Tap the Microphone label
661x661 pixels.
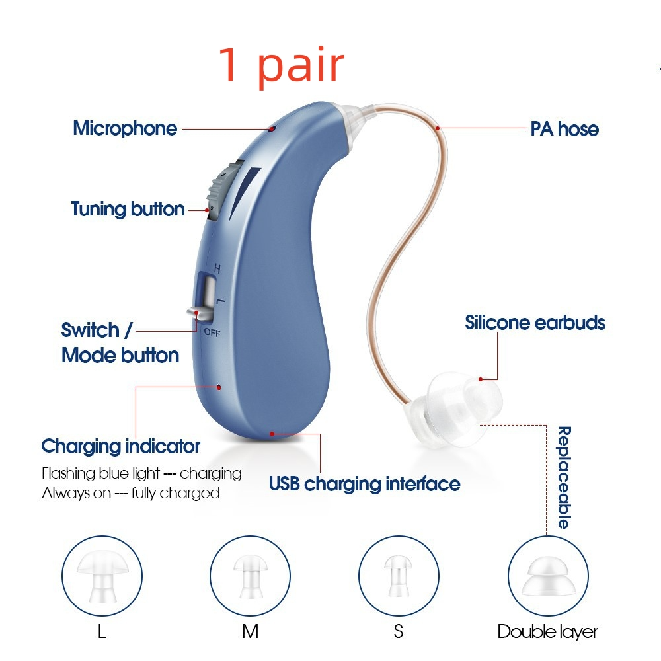(x=125, y=129)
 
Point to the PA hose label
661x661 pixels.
(x=564, y=129)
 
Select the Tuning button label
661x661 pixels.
(x=128, y=209)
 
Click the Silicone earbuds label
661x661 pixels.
(x=535, y=323)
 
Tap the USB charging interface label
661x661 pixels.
(x=365, y=484)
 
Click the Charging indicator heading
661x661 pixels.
(x=120, y=446)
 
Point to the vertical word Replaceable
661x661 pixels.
(x=564, y=478)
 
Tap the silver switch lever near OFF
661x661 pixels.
(x=199, y=313)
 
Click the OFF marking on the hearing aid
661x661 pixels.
(x=212, y=332)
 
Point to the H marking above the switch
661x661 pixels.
(x=217, y=268)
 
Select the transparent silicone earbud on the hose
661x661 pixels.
(x=457, y=408)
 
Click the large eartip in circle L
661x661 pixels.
(x=102, y=576)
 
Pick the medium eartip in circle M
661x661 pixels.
(x=251, y=576)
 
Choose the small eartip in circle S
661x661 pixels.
(x=399, y=576)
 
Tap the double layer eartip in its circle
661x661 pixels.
(x=548, y=576)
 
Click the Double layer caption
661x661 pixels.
(x=547, y=632)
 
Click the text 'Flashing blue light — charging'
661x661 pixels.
(x=141, y=473)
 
